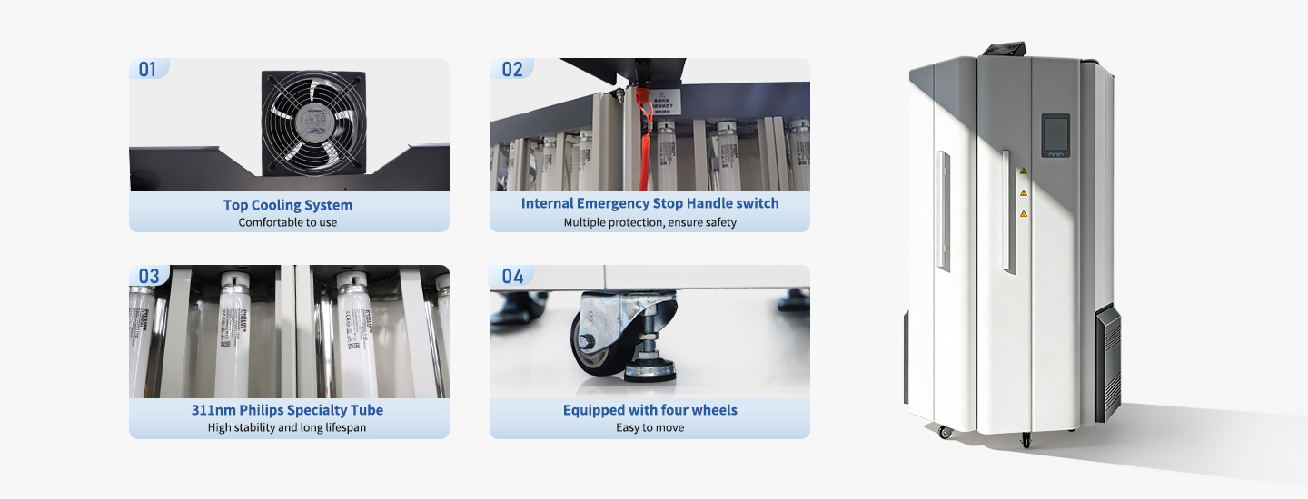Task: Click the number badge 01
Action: click(x=148, y=69)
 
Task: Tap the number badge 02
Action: click(x=512, y=69)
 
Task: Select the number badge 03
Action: click(x=149, y=276)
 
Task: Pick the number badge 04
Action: click(x=512, y=276)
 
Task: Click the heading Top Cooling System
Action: click(x=288, y=205)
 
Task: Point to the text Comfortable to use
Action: click(x=288, y=222)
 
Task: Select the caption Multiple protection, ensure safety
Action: click(x=649, y=222)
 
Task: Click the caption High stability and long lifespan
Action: click(x=288, y=427)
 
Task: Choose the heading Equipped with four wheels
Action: click(x=649, y=410)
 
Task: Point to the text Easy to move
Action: click(x=649, y=427)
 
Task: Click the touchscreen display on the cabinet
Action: click(x=1055, y=135)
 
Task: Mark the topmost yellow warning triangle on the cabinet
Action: click(x=1024, y=171)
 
